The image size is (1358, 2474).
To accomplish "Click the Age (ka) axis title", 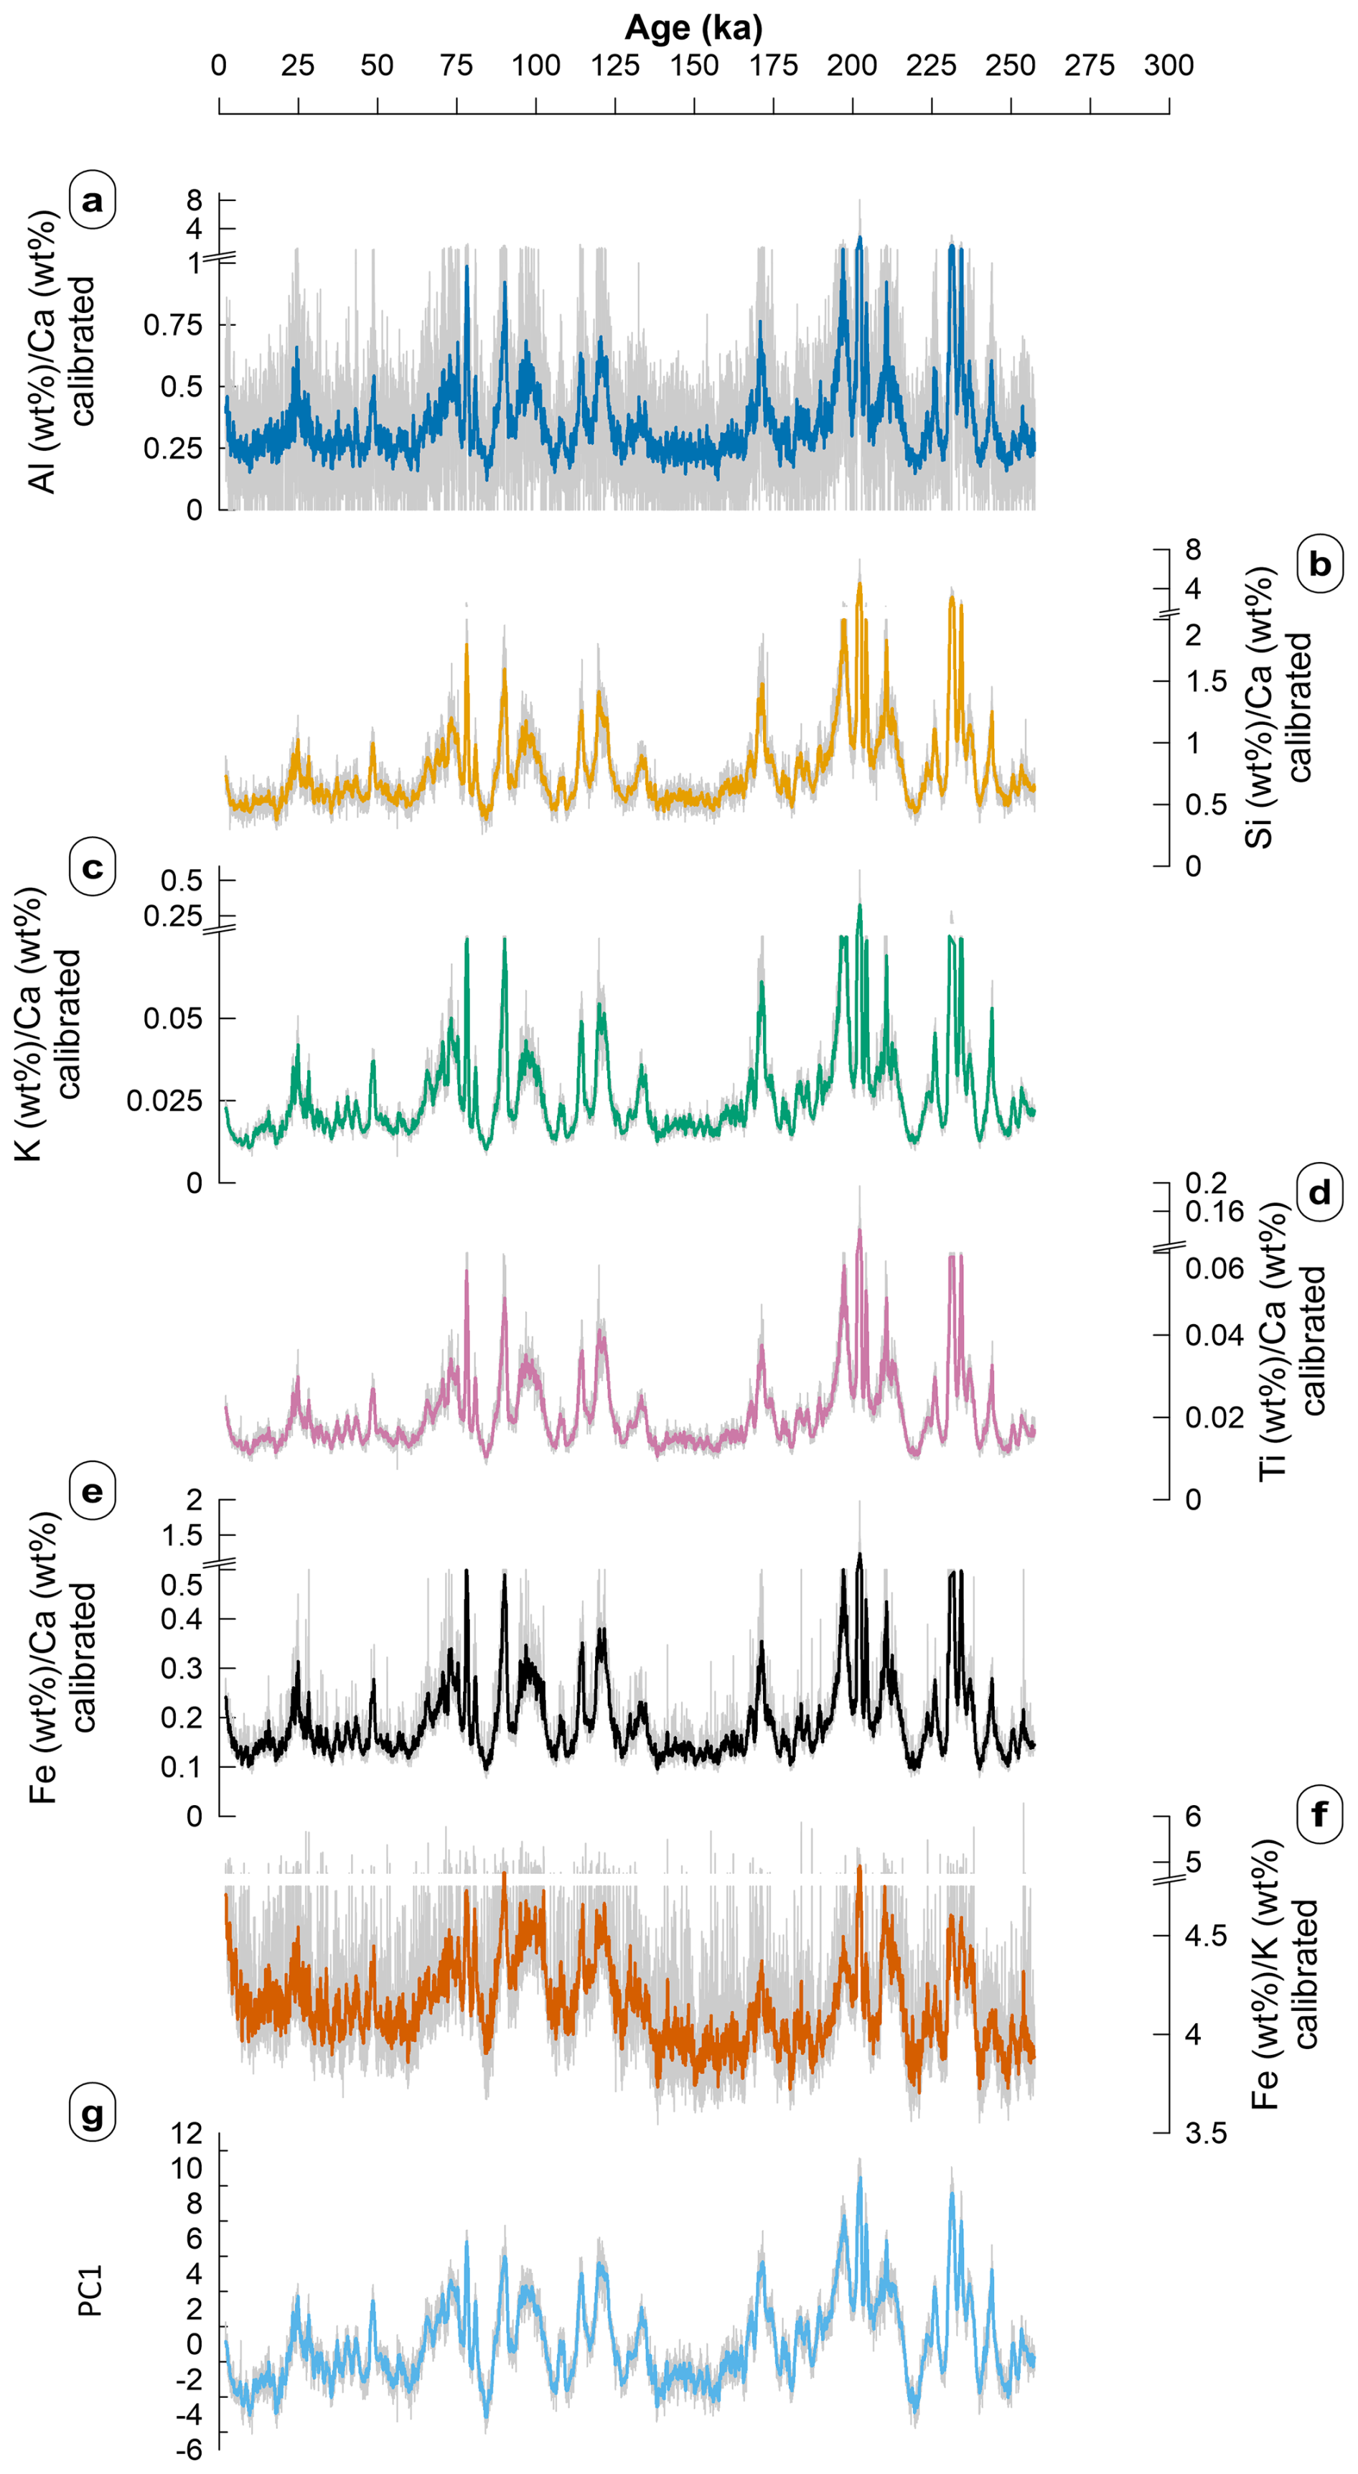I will [693, 28].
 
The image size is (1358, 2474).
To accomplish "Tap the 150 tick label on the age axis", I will [693, 65].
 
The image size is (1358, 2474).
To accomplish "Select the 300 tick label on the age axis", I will [1168, 65].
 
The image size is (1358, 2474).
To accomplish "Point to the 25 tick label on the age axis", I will [298, 65].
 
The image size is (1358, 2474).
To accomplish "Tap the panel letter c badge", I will [92, 866].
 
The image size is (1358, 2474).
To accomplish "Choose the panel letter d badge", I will [1319, 1193].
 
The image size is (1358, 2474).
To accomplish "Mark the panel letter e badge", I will [92, 1491].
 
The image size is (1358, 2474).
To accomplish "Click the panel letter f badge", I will [1319, 1814].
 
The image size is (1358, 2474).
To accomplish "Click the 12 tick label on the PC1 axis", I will [187, 2133].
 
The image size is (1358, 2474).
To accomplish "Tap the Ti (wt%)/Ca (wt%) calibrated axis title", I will [1292, 1340].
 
